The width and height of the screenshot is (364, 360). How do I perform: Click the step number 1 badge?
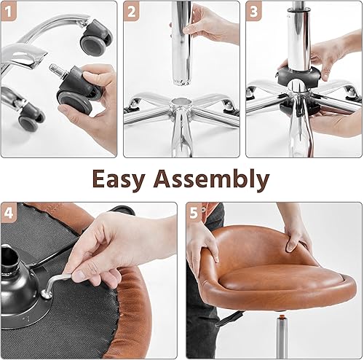pos(10,12)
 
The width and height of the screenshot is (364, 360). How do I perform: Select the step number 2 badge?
pos(132,12)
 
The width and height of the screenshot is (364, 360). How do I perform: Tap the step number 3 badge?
pos(255,12)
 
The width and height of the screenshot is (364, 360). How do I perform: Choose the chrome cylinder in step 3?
pos(300,36)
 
